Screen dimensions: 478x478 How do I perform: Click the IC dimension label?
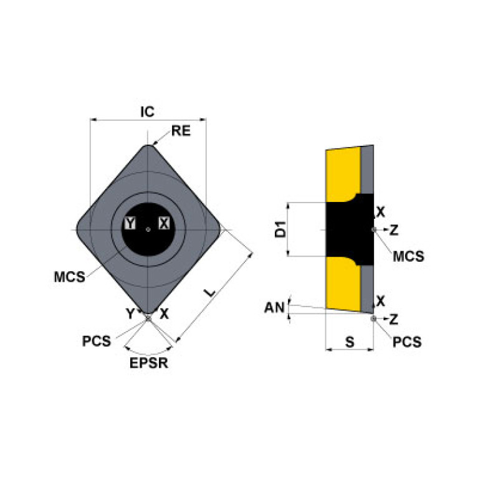pos(147,112)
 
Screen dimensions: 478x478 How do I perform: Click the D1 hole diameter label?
pos(280,229)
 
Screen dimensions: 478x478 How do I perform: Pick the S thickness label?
pos(349,342)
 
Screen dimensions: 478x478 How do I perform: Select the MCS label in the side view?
pos(408,256)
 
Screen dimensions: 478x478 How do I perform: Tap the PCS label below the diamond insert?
pos(97,341)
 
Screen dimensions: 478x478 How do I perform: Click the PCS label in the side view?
pos(407,342)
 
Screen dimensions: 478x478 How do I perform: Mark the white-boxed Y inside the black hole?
pos(130,223)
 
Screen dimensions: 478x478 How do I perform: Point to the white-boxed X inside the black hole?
pos(164,223)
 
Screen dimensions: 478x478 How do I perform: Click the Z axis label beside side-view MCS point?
pos(394,231)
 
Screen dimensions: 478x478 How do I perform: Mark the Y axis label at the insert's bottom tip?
pos(130,314)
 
